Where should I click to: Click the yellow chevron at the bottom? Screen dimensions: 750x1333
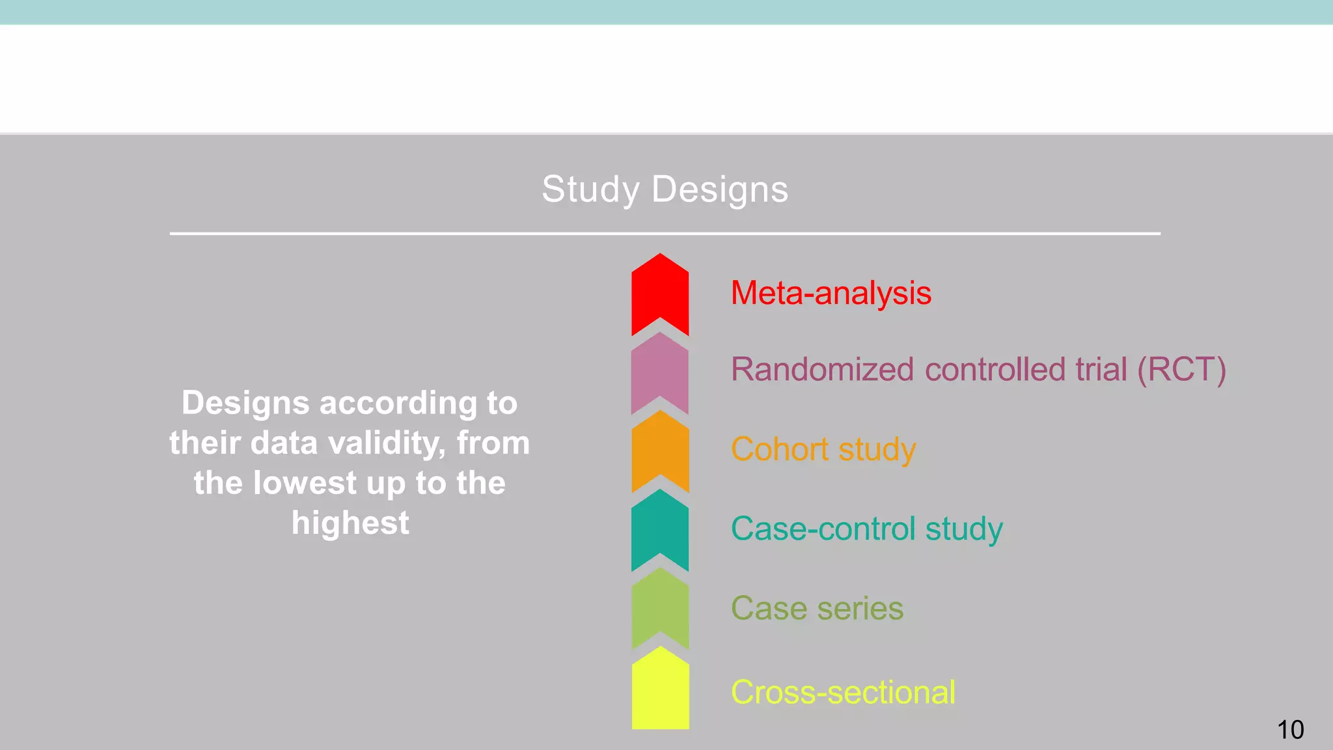coord(660,690)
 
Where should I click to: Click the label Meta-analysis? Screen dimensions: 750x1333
coord(831,293)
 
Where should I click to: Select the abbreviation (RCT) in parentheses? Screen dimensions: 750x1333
coord(1181,370)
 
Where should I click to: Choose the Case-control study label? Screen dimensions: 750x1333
coord(866,529)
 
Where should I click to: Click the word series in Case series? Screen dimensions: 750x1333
coord(860,609)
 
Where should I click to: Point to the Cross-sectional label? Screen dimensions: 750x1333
coord(843,692)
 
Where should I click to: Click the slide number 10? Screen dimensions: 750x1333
coord(1290,730)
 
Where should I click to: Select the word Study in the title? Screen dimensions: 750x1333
coord(591,190)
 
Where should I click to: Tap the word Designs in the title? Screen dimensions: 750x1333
coord(719,190)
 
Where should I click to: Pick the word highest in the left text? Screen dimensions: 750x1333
coord(350,523)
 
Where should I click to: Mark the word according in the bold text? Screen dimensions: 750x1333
coord(398,403)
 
